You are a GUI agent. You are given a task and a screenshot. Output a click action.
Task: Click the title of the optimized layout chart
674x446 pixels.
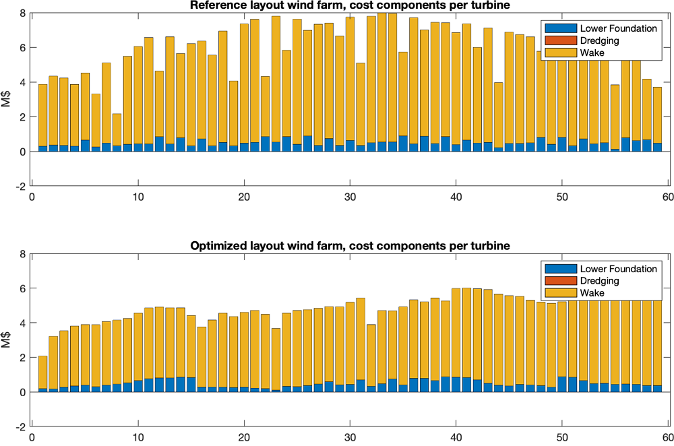click(350, 247)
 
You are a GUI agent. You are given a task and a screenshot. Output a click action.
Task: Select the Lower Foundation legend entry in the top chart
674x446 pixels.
click(599, 28)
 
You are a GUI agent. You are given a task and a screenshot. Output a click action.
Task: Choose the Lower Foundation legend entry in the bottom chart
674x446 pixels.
click(599, 269)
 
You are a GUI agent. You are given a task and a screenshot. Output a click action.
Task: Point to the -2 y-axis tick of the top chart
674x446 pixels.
click(22, 187)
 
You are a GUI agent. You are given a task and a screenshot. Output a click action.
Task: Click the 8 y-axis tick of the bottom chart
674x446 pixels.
click(24, 255)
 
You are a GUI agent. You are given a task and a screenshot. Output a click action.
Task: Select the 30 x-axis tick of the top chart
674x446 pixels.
click(350, 198)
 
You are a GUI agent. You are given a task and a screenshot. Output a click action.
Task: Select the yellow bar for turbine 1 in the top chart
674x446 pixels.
click(42, 115)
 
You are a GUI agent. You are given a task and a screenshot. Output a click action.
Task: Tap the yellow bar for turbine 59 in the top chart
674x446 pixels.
click(657, 115)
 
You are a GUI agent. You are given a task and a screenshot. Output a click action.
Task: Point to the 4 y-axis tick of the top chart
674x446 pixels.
click(24, 83)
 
